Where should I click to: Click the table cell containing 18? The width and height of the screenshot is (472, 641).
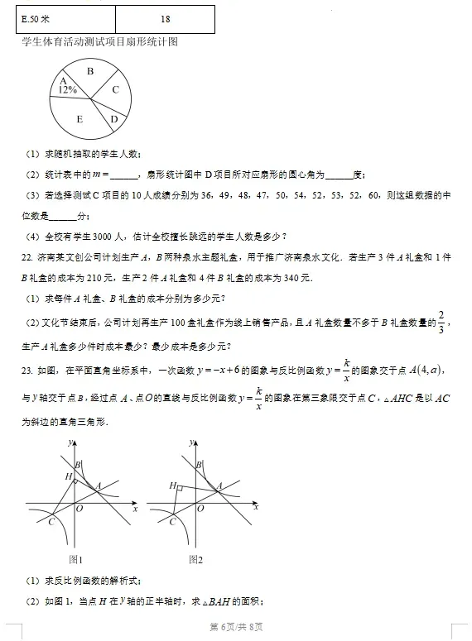[166, 18]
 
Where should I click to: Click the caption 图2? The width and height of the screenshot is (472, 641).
[195, 559]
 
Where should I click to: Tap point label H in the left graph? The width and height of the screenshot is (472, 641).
[69, 476]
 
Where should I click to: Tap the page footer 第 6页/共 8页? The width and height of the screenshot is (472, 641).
[236, 626]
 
